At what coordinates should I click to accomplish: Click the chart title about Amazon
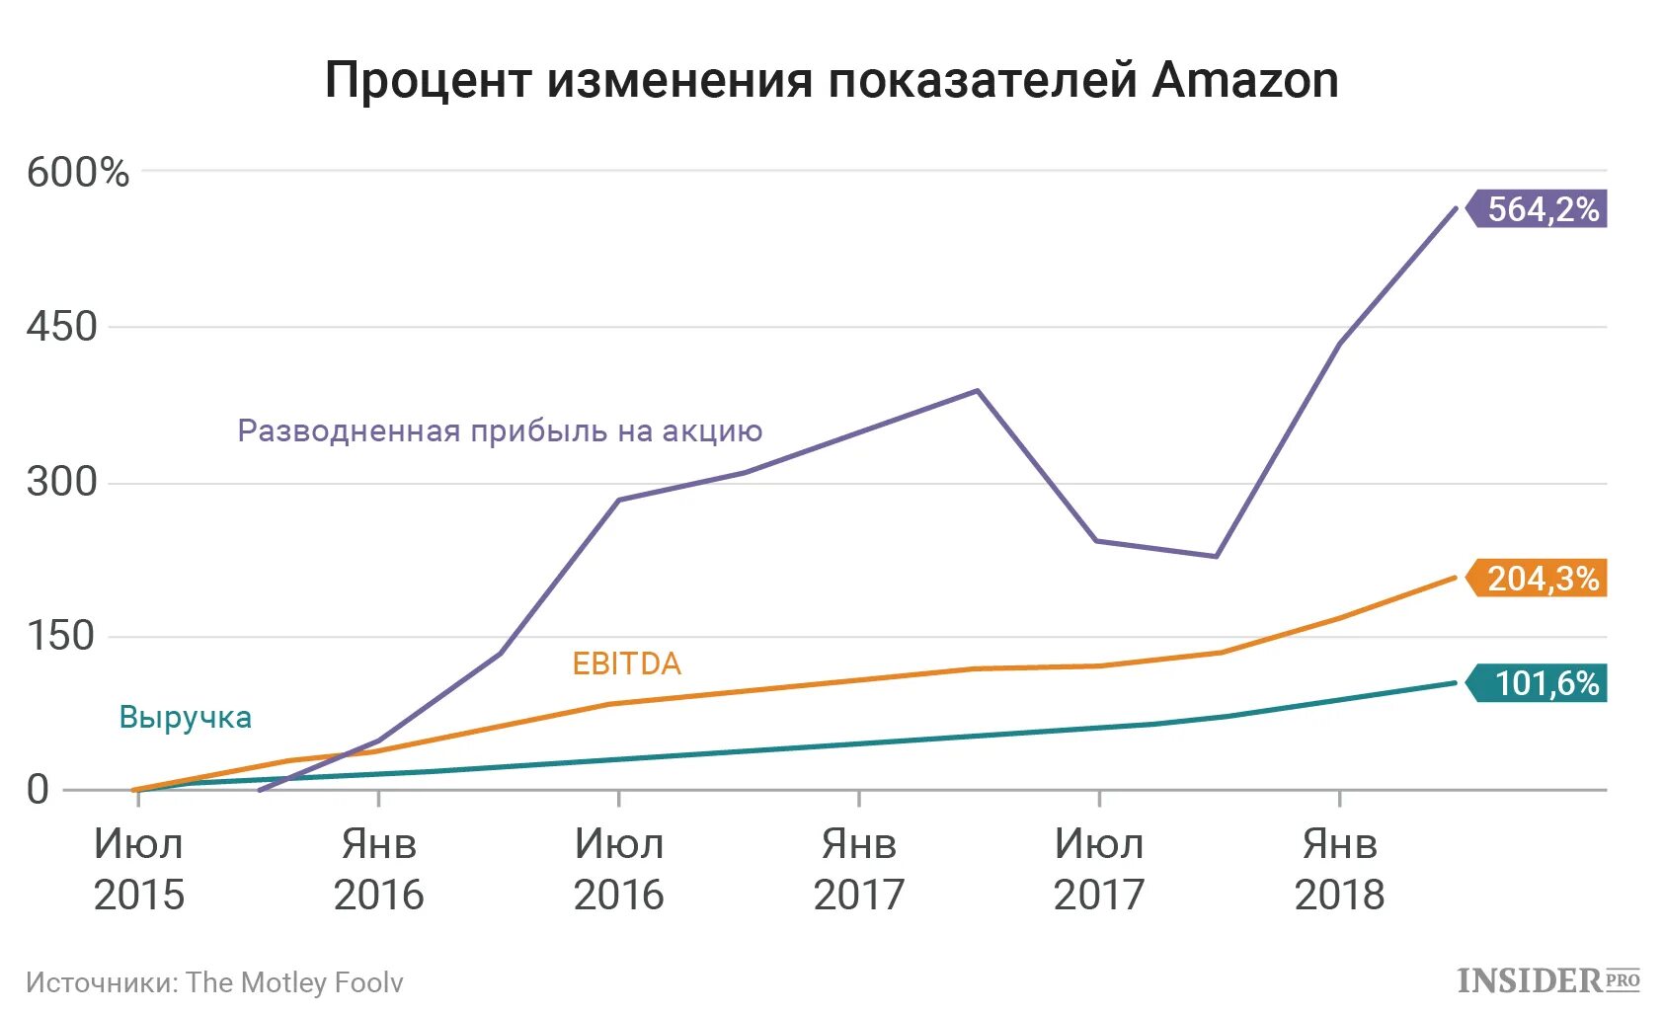832,80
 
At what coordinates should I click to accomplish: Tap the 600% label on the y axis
78,173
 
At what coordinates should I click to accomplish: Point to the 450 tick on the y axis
62,327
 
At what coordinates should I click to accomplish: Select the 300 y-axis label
62,482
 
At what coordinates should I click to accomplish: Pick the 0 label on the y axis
38,790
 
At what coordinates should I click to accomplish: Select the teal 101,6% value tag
1541,683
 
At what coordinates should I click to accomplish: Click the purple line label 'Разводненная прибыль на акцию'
500,431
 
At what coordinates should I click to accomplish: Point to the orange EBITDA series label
627,663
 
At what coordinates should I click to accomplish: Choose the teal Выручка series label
186,718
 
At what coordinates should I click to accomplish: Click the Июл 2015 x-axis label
138,870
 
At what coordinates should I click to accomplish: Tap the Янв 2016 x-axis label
378,870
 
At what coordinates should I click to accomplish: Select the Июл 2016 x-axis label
618,870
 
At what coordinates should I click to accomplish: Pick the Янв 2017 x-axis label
858,870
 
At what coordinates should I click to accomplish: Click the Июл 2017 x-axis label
1098,870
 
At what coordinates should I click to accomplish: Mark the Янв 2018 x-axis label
1339,870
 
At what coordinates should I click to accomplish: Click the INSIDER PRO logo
1547,980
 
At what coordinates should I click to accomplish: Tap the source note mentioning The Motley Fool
214,982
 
